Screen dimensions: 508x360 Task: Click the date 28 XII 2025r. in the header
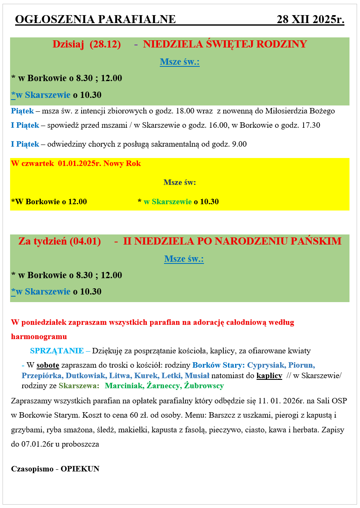coord(310,19)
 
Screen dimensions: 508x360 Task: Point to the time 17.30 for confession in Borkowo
coord(311,125)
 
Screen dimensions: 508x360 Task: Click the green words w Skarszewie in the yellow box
coord(167,202)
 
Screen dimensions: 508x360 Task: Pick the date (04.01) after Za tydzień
coord(85,241)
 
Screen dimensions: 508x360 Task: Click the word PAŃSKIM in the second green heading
coord(316,241)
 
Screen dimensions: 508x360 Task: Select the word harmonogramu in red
coord(39,337)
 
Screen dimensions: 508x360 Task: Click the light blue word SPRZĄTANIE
coord(57,351)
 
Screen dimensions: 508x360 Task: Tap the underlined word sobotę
coord(48,365)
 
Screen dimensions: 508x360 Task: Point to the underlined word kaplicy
coord(269,375)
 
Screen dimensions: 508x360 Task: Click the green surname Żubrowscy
coord(204,386)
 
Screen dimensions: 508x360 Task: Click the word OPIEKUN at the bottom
coord(80,469)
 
